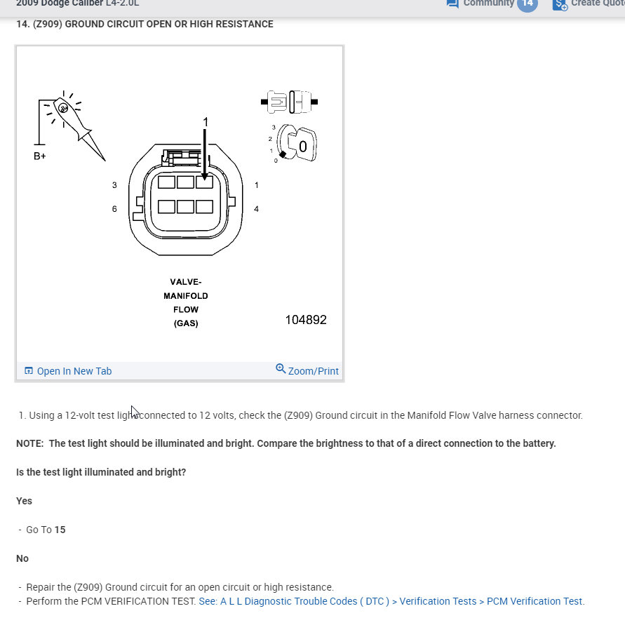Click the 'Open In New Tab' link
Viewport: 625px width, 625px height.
tap(74, 371)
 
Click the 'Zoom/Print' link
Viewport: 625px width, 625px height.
tap(313, 371)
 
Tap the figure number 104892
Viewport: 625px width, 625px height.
tap(305, 320)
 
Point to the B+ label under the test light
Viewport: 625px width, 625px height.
tap(40, 156)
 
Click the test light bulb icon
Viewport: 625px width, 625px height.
tap(63, 108)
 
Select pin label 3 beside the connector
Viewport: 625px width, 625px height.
tap(114, 185)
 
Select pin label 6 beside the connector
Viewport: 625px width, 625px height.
tap(114, 209)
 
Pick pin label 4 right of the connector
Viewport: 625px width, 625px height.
tap(256, 209)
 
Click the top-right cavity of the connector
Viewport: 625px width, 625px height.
tap(204, 182)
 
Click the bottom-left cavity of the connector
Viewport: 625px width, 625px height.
tap(166, 207)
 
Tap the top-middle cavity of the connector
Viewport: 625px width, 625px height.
tap(185, 182)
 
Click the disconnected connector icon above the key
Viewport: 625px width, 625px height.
tap(289, 102)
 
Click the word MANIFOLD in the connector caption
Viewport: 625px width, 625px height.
tap(185, 296)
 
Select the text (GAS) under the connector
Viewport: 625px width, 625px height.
tap(185, 323)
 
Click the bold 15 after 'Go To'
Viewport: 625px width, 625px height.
tap(60, 530)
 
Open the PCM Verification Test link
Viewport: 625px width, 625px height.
tap(391, 601)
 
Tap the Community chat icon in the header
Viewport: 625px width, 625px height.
tap(452, 4)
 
